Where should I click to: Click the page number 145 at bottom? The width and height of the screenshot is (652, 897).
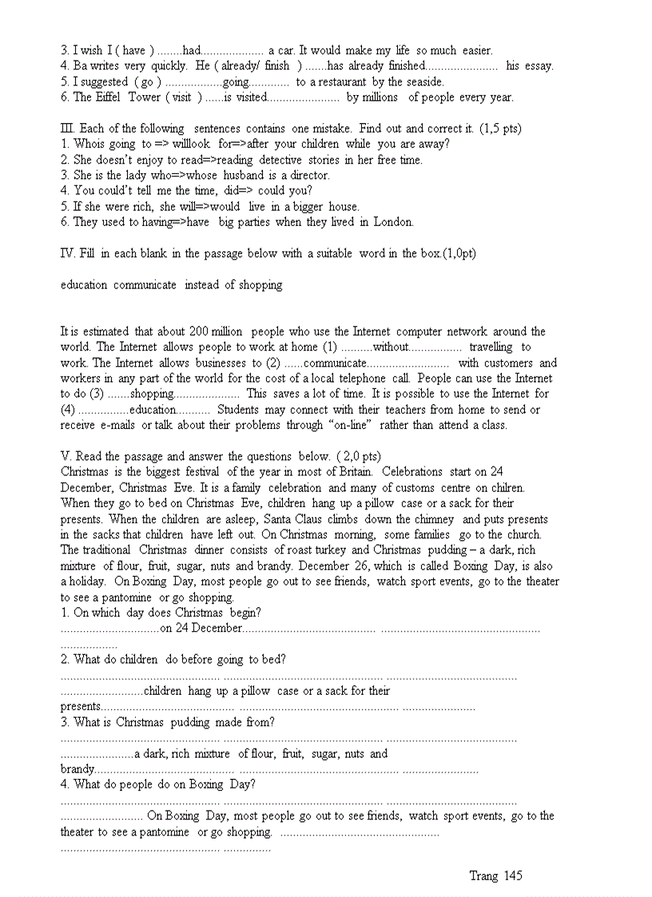[513, 876]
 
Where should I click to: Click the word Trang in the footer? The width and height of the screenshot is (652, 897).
[483, 876]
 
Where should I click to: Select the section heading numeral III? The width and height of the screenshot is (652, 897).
[67, 129]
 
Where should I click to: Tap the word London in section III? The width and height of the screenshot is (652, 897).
[394, 222]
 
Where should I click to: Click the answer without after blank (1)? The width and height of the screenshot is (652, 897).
[391, 347]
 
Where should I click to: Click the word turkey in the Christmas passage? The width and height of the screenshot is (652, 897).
[331, 550]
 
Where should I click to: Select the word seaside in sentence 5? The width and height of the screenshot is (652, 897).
[423, 81]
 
